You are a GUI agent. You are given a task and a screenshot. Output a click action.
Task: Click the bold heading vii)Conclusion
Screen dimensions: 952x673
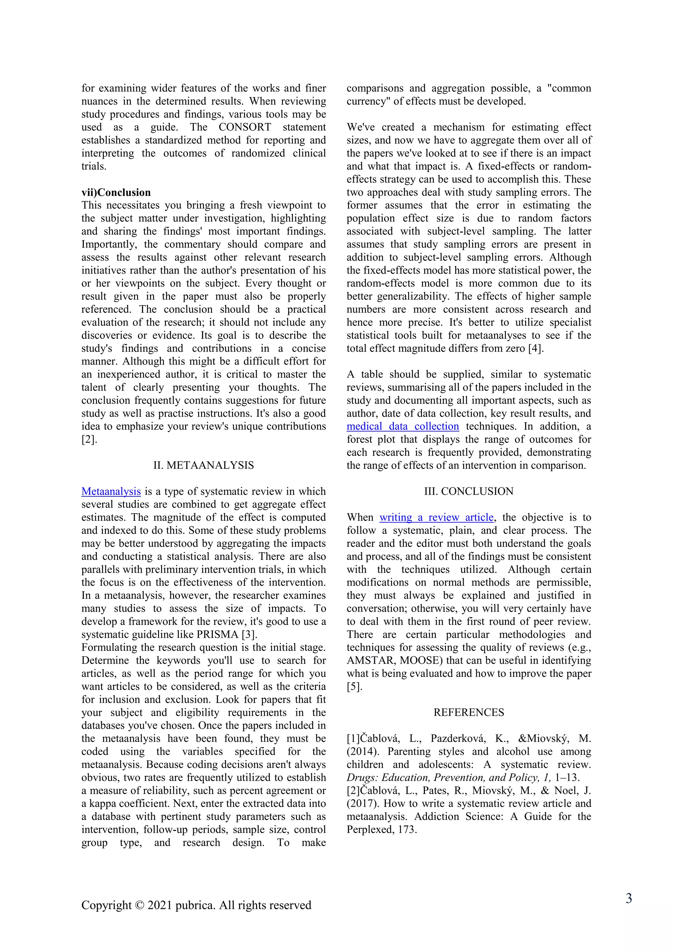pos(116,192)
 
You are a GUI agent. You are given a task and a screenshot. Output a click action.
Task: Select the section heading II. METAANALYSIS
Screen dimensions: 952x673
pos(203,465)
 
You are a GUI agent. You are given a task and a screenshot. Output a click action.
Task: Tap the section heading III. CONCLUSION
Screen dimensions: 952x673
pos(469,491)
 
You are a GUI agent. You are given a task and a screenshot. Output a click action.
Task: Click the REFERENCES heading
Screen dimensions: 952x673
pos(469,712)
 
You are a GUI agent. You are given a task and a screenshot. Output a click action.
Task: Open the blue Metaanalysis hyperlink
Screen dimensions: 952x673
pos(111,491)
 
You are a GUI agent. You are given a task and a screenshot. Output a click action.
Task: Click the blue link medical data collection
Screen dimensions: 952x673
pos(403,426)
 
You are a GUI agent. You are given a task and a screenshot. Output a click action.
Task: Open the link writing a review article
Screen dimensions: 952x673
pos(436,517)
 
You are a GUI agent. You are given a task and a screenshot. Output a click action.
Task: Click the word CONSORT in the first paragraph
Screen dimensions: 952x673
pos(245,127)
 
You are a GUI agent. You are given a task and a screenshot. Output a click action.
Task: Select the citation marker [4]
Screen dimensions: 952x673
pos(535,348)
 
